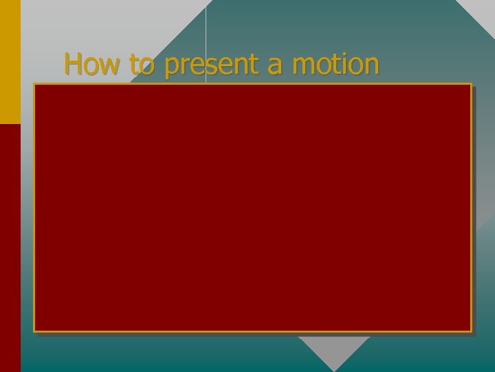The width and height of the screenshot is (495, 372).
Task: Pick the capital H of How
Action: coord(72,64)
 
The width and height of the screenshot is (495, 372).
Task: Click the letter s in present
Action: coord(208,67)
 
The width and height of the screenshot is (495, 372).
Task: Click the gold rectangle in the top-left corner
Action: coord(10,62)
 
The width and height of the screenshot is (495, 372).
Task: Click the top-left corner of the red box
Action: coord(34,85)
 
